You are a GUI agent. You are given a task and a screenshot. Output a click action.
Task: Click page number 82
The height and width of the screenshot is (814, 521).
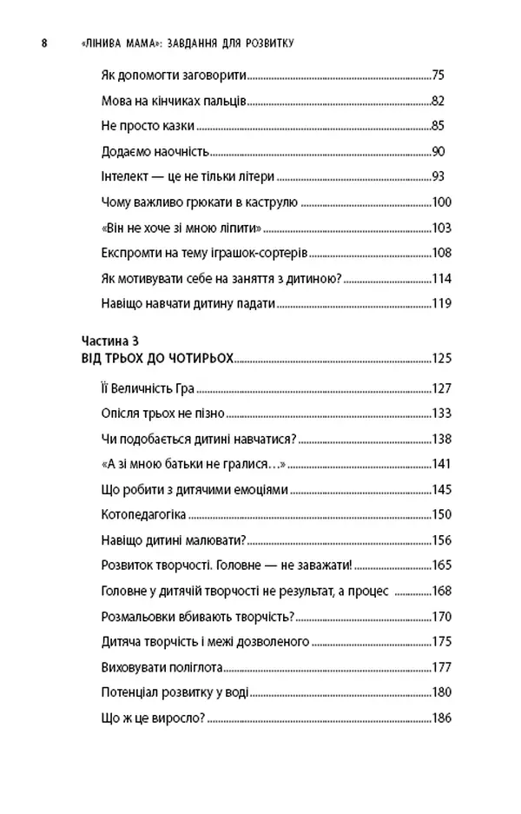(x=439, y=101)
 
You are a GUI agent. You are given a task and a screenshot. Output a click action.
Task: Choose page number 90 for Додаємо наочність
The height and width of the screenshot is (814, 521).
(x=439, y=152)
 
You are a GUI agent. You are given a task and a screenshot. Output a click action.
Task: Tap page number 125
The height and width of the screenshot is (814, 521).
(x=442, y=357)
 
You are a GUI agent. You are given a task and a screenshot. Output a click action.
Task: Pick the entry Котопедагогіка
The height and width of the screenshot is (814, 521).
(x=136, y=513)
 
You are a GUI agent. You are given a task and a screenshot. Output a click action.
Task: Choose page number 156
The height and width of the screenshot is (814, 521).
(x=442, y=539)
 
